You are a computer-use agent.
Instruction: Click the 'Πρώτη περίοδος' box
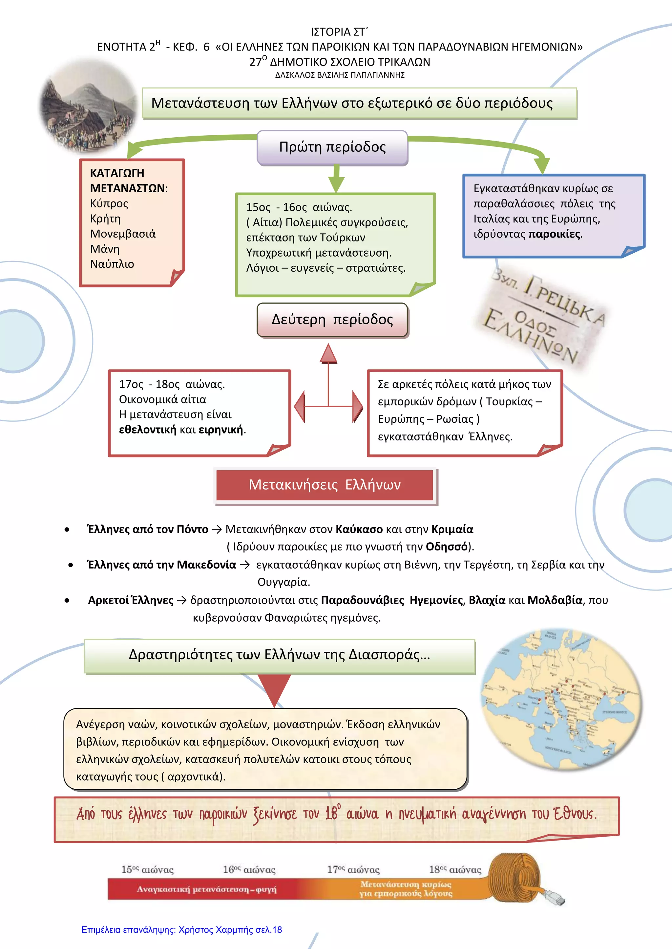[x=332, y=147]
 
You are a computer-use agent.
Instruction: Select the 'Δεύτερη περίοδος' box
[x=332, y=320]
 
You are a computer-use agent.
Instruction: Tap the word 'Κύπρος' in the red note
[x=109, y=203]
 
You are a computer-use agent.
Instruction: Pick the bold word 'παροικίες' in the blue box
[x=555, y=234]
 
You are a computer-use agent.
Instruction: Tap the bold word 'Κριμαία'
[x=452, y=530]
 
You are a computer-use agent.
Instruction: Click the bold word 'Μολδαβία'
[x=555, y=600]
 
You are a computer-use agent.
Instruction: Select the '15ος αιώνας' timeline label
[x=147, y=870]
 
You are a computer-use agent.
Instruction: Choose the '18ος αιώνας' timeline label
[x=455, y=870]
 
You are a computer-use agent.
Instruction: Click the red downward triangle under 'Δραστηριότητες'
[x=274, y=689]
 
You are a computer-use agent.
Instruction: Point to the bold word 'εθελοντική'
[x=147, y=430]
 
